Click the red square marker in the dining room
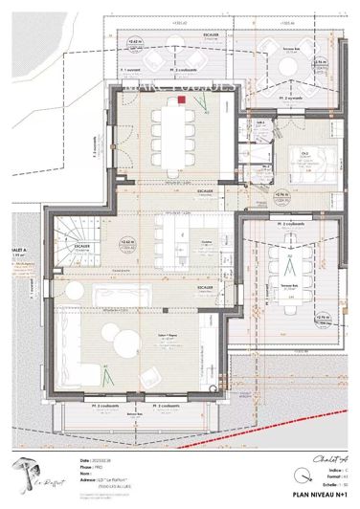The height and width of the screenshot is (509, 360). point(180,99)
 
